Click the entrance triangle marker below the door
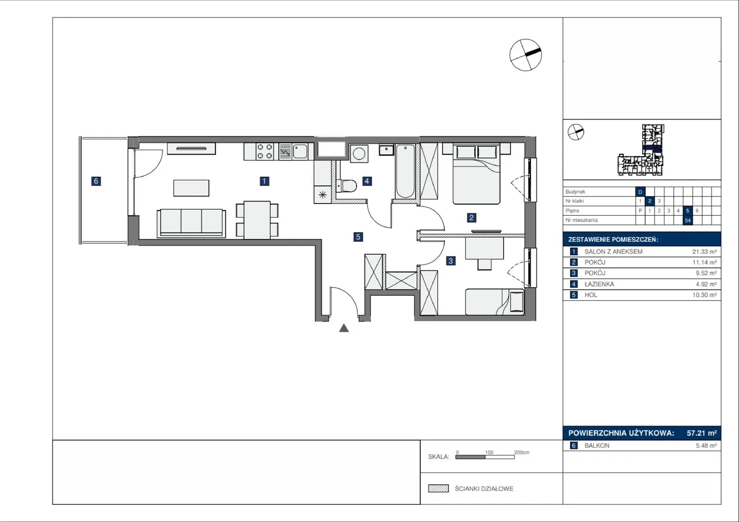tap(344, 328)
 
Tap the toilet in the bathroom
tap(346, 186)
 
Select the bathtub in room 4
tap(405, 171)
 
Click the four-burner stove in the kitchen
tap(265, 152)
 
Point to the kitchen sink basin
tap(300, 152)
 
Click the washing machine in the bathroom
tap(359, 153)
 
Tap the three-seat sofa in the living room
tap(191, 223)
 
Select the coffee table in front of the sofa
tap(191, 188)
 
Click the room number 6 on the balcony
tap(96, 181)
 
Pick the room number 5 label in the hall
tap(358, 237)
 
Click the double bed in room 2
tap(476, 174)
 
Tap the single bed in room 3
tap(495, 302)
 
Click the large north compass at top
tap(526, 55)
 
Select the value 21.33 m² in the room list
tap(704, 252)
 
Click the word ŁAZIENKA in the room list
tap(599, 284)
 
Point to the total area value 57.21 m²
tap(702, 433)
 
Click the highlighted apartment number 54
tap(688, 220)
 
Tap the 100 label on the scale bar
tap(489, 452)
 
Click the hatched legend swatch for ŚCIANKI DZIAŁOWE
tap(438, 488)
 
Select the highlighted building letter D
tap(640, 192)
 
